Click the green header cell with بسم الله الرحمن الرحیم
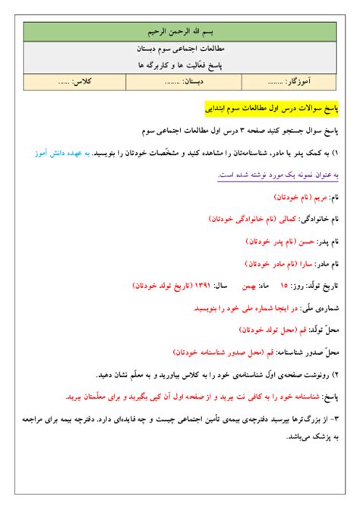point(180,33)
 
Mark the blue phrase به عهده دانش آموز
point(62,153)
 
